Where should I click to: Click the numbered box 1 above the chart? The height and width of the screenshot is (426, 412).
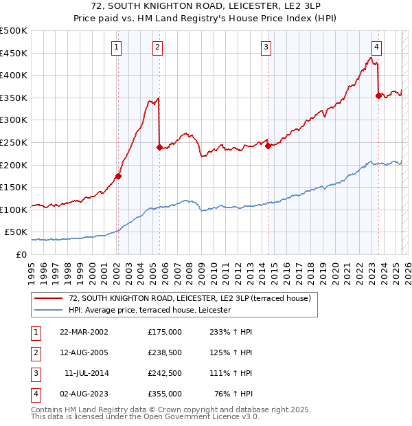[117, 47]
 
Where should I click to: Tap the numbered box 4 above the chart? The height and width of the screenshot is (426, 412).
[377, 47]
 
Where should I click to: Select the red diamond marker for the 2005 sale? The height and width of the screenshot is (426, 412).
[159, 147]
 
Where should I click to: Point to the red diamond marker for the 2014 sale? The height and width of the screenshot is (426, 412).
[268, 145]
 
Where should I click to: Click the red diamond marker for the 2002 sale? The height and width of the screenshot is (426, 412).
[118, 176]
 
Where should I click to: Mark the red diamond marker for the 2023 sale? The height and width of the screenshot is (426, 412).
[378, 96]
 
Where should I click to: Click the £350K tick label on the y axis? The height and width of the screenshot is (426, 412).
[14, 98]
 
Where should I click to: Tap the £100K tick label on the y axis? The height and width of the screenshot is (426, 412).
[14, 210]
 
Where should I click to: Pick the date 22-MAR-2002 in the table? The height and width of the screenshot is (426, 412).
[84, 332]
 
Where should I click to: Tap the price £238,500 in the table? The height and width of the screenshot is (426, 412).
[165, 352]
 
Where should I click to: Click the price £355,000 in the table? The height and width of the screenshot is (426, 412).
[165, 394]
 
